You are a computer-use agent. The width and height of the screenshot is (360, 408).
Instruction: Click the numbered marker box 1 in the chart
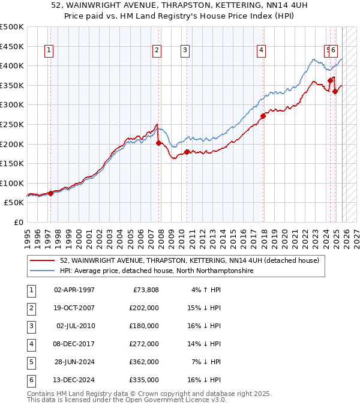point(49,51)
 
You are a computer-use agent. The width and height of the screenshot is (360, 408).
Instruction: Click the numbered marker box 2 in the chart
point(157,51)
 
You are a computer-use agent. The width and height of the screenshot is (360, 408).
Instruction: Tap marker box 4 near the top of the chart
point(262,51)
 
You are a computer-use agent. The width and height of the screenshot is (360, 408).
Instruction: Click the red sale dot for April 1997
point(50,193)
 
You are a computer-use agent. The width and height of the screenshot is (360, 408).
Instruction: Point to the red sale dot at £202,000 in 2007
point(158,143)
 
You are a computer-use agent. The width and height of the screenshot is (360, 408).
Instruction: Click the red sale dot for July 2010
point(187,152)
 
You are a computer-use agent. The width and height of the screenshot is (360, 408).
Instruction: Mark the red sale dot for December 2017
point(263,116)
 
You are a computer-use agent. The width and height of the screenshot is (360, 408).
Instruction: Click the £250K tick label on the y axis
point(12,124)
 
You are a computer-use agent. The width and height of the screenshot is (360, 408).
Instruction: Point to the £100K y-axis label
point(12,183)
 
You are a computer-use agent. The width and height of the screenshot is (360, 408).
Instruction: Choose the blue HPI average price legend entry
point(156,271)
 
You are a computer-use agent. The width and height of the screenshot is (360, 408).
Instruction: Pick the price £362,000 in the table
point(144,362)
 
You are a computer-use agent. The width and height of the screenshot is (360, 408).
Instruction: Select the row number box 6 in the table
point(31,380)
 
